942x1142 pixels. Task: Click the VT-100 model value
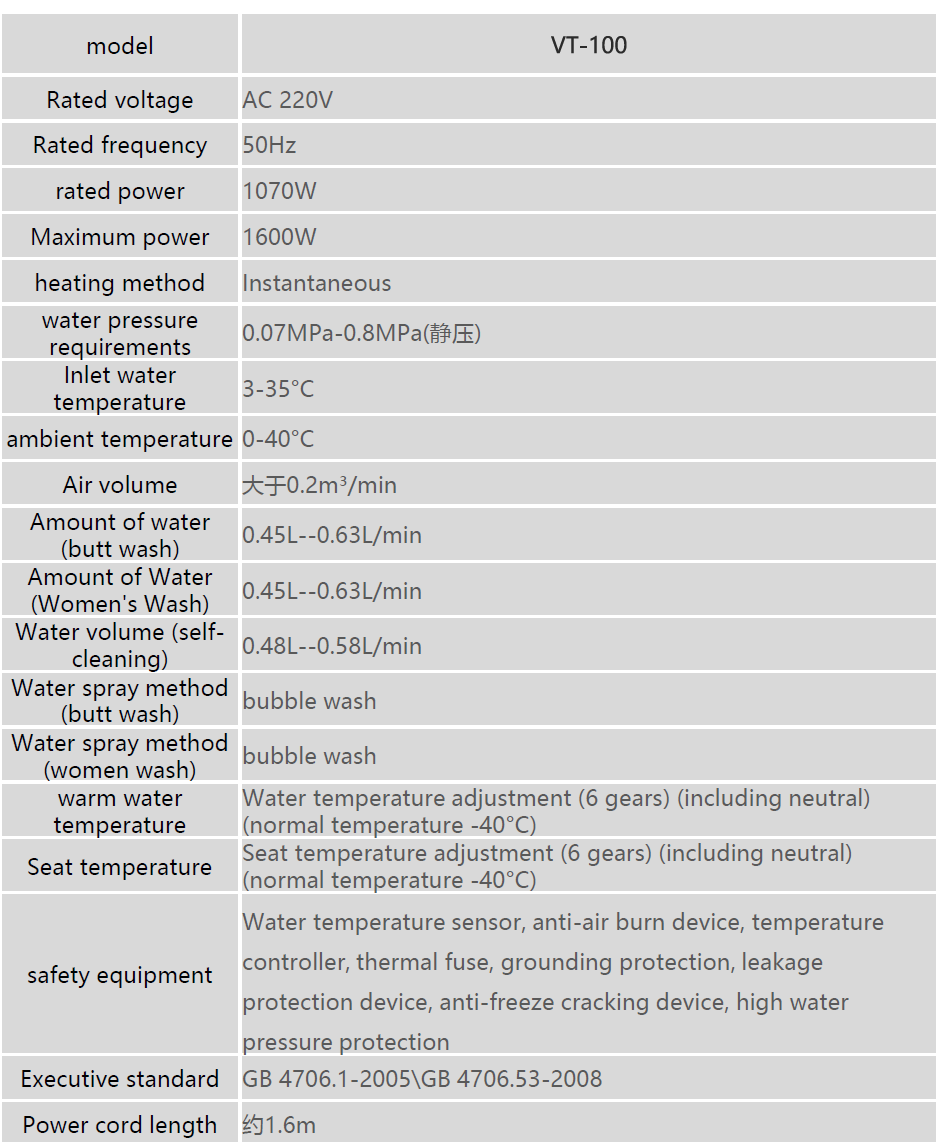(x=589, y=46)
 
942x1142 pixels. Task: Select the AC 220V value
(x=288, y=100)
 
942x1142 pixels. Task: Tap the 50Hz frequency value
(x=270, y=145)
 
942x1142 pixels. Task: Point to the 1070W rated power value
(x=280, y=191)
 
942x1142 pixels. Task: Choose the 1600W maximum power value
(x=280, y=237)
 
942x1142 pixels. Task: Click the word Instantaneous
(x=317, y=283)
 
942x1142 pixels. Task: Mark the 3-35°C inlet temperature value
(x=278, y=388)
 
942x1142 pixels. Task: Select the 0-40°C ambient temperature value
(x=278, y=439)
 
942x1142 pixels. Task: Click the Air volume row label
(x=120, y=485)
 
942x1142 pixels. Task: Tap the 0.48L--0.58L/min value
(x=332, y=646)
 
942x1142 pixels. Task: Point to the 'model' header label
(x=120, y=46)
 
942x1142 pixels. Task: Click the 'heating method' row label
(x=120, y=283)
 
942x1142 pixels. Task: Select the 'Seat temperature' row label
(x=120, y=867)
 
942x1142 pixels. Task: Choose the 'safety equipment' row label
(x=120, y=975)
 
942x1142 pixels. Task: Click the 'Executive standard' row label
(x=120, y=1079)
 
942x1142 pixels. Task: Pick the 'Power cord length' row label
(x=120, y=1125)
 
